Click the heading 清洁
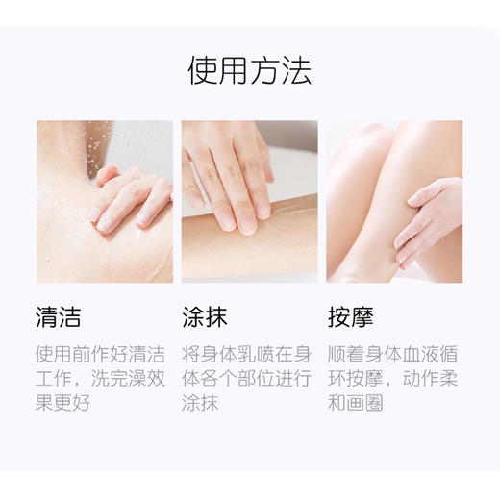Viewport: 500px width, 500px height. tap(59, 316)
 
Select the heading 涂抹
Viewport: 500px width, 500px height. tap(205, 316)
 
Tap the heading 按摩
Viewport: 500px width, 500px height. tap(350, 316)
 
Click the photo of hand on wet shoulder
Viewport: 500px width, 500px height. tap(104, 201)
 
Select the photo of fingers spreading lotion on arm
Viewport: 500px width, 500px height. tap(249, 201)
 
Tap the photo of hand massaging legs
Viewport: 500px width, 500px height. tap(394, 201)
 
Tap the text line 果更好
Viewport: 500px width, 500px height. tap(63, 403)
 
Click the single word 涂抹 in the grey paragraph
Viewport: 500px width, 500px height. tap(201, 403)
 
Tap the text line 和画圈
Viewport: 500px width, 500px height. tap(356, 403)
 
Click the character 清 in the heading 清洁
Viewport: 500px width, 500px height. tap(47, 316)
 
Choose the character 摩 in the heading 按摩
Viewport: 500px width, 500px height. tap(362, 316)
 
